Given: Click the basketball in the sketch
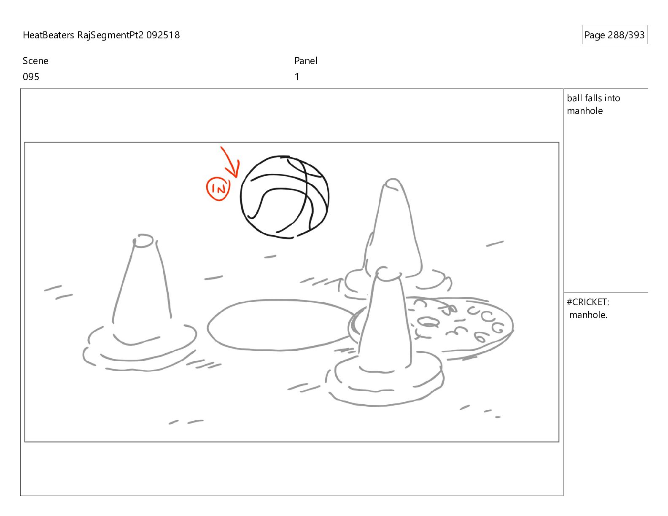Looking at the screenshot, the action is point(284,197).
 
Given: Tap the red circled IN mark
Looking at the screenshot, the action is point(218,189).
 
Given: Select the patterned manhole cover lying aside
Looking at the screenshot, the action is point(461,327).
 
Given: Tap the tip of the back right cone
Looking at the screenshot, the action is point(393,179).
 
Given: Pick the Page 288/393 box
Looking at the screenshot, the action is point(614,35).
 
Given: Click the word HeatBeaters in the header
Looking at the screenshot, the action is point(48,35).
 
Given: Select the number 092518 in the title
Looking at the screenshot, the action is point(163,35).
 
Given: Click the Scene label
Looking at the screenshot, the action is point(35,61).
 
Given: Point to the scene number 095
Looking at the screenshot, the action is point(31,77).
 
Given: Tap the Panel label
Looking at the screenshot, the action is point(306,61).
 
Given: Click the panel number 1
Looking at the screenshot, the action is point(296,77).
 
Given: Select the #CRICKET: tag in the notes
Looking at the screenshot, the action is point(588,302).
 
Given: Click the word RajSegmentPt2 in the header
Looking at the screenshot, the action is point(110,35).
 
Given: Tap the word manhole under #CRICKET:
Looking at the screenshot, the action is point(588,315).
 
